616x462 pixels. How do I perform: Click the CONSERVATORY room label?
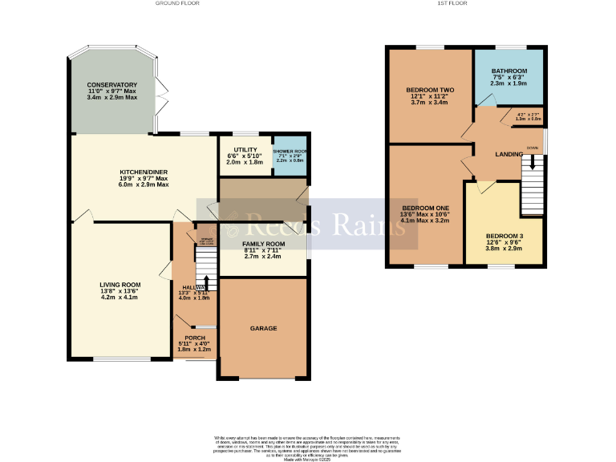point(112,85)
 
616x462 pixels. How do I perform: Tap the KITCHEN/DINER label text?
point(144,172)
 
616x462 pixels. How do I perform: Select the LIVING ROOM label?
point(120,285)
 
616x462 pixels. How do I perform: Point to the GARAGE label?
point(263,329)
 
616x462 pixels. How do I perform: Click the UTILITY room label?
point(245,150)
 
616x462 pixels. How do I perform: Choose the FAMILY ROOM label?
point(263,244)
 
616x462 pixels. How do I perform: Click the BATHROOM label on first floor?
point(509,71)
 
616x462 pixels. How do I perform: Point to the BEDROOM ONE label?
point(426,208)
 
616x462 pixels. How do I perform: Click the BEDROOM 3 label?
point(505,236)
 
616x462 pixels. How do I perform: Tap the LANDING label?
point(509,154)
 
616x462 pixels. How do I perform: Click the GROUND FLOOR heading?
point(177,3)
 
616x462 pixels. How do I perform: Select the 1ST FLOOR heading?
point(448,3)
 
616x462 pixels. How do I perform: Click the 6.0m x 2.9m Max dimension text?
point(144,185)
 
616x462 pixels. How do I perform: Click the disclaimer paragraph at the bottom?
point(308,445)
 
